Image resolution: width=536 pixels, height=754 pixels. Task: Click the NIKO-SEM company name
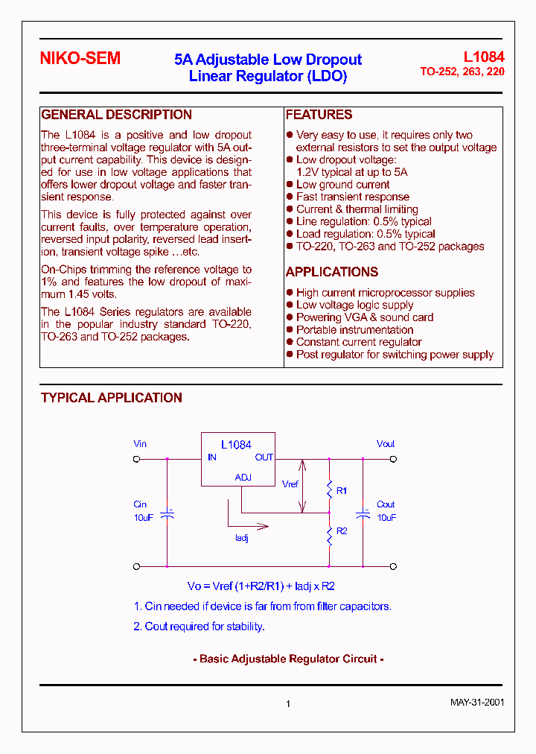click(x=80, y=59)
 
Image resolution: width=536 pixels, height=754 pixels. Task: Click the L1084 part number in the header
click(x=484, y=57)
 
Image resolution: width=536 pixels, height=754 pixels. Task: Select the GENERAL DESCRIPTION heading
click(x=116, y=115)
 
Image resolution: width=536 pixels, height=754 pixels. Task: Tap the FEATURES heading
click(x=319, y=115)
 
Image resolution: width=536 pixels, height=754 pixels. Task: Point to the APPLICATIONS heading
click(x=332, y=272)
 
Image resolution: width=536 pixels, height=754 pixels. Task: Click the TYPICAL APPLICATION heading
click(x=112, y=398)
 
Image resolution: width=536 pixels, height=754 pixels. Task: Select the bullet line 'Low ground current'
click(x=342, y=185)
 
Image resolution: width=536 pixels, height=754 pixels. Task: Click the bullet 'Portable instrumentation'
click(x=354, y=330)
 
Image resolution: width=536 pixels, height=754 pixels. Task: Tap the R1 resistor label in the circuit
click(x=342, y=491)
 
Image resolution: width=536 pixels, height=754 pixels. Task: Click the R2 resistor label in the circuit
click(x=342, y=531)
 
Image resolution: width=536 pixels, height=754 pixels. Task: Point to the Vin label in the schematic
click(x=140, y=444)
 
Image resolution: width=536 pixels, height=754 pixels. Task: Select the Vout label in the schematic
click(x=386, y=444)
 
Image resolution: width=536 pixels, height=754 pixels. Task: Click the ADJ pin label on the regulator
click(x=243, y=478)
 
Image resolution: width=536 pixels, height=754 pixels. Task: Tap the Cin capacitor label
click(x=141, y=505)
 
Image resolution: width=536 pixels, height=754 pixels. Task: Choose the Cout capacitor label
click(x=386, y=505)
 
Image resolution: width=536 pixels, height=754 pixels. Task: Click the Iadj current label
click(x=241, y=538)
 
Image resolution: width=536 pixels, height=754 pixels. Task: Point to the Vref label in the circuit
click(x=290, y=484)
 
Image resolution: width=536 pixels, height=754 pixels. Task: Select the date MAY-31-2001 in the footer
click(x=477, y=703)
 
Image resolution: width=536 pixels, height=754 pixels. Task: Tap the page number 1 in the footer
click(x=288, y=704)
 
